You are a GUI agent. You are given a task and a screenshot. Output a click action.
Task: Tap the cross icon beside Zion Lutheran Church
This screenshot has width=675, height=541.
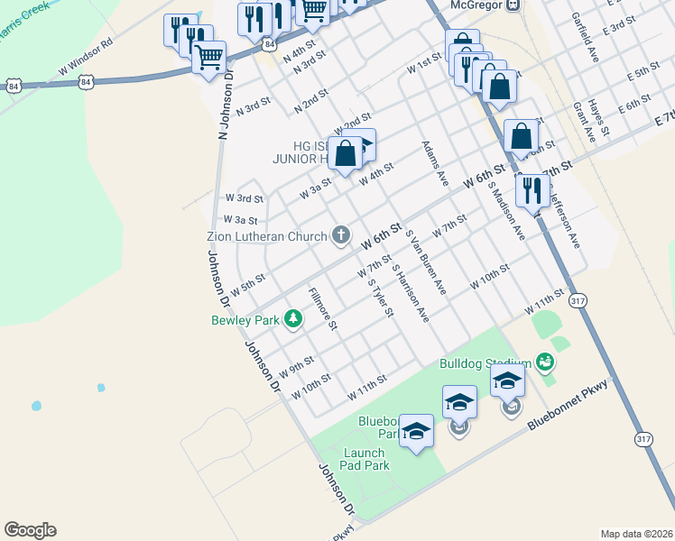[x=341, y=236]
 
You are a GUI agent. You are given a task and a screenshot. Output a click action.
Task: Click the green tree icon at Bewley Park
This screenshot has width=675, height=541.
[x=293, y=318]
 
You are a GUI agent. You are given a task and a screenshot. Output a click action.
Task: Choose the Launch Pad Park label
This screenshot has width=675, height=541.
[x=365, y=459]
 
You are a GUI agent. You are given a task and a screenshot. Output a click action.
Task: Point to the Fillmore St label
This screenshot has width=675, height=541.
[x=322, y=307]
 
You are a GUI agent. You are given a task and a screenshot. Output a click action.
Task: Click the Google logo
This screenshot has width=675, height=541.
[x=30, y=530]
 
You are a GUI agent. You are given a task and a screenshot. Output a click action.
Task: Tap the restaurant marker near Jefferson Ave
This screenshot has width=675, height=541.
[x=532, y=191]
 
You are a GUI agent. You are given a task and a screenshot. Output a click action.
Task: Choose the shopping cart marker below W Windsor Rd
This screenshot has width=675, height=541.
[x=208, y=59]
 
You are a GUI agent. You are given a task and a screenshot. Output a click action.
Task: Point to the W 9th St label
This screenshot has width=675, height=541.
[x=297, y=365]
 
